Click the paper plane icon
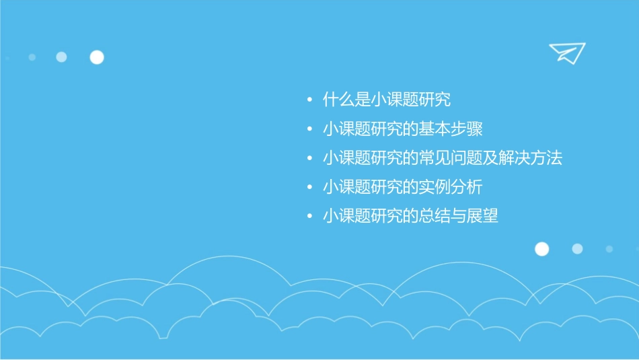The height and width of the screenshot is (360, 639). pyautogui.click(x=566, y=52)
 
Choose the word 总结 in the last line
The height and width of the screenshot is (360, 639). pyautogui.click(x=441, y=216)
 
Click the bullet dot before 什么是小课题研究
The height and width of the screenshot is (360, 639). pyautogui.click(x=309, y=101)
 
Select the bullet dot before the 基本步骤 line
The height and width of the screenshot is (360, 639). pyautogui.click(x=309, y=130)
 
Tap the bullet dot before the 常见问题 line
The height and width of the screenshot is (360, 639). pyautogui.click(x=309, y=159)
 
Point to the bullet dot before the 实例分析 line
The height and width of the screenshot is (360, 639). pyautogui.click(x=309, y=188)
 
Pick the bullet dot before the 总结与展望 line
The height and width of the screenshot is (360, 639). pyautogui.click(x=309, y=217)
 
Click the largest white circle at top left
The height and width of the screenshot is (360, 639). pyautogui.click(x=97, y=57)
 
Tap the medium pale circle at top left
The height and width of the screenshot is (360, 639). pyautogui.click(x=62, y=57)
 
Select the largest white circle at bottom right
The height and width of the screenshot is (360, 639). pyautogui.click(x=541, y=249)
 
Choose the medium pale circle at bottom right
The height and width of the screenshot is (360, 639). pyautogui.click(x=577, y=249)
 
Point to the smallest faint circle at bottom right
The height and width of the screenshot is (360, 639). pyautogui.click(x=609, y=249)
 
